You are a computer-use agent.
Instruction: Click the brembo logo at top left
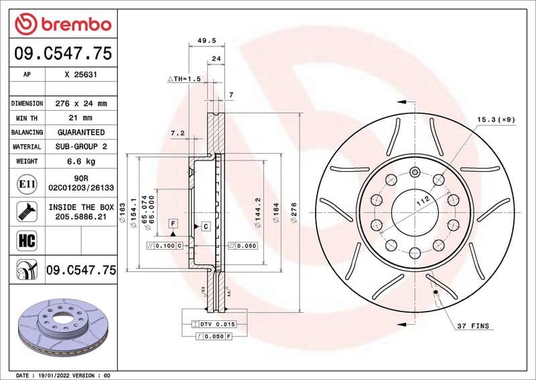(x=62, y=24)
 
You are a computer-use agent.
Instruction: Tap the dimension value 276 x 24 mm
(x=80, y=103)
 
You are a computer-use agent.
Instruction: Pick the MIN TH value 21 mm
(x=80, y=118)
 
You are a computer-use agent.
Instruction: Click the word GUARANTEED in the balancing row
(x=80, y=132)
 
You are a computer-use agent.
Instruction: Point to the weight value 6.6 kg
(x=80, y=161)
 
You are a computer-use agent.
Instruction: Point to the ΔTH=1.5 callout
(x=184, y=79)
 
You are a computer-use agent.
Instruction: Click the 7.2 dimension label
(x=178, y=134)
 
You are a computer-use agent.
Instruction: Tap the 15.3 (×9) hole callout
(x=496, y=119)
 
